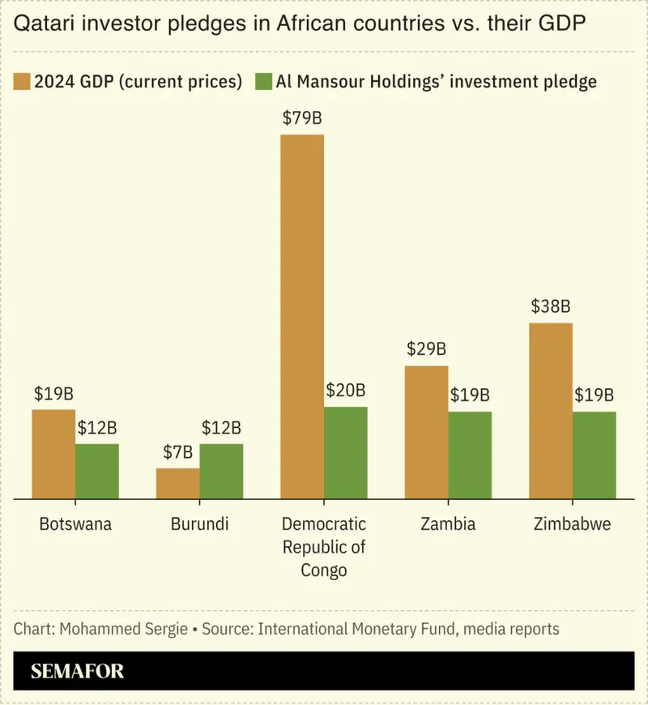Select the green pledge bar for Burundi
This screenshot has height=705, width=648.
click(x=221, y=471)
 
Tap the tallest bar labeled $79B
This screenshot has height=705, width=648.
click(x=301, y=316)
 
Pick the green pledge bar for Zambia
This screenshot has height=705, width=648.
click(x=470, y=455)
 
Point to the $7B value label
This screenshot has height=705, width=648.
click(x=177, y=453)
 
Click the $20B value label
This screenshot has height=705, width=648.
click(x=346, y=391)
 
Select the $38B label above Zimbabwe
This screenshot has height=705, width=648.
click(x=551, y=307)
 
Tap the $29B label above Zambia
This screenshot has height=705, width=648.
click(x=426, y=350)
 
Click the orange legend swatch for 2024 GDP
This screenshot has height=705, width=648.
click(x=22, y=82)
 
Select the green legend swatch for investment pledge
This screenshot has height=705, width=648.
click(x=263, y=82)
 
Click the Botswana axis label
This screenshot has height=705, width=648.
click(x=75, y=524)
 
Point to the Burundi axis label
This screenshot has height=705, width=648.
click(x=199, y=524)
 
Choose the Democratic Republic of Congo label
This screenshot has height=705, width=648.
click(x=324, y=547)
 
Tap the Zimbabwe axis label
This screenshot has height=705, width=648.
click(x=573, y=524)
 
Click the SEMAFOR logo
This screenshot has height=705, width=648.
click(x=78, y=672)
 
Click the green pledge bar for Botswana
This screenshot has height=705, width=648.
click(x=97, y=471)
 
